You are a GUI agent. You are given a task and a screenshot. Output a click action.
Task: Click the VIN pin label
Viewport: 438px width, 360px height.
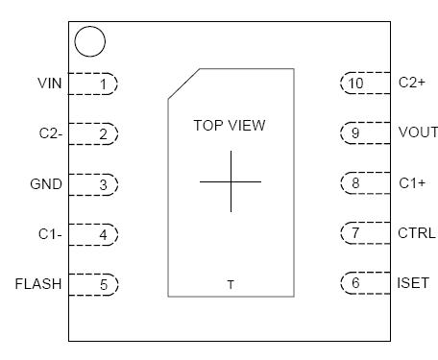[x=49, y=84]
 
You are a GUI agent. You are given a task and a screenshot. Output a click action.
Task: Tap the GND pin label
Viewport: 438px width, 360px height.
[x=47, y=183]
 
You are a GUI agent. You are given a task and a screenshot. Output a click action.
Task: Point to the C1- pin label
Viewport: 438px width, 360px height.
[x=49, y=233]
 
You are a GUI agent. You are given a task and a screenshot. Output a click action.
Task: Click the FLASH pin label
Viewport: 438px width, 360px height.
[x=38, y=283]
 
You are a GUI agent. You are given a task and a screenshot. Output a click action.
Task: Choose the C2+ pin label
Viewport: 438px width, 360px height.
[x=411, y=83]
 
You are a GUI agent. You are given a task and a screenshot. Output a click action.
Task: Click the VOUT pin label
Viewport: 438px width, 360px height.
[x=417, y=132]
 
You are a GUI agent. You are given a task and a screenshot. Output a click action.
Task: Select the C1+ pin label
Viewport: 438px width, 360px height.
[x=411, y=182]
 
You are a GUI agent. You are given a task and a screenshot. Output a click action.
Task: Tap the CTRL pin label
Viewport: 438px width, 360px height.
[x=416, y=232]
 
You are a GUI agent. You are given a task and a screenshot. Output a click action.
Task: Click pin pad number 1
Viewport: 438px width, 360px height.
[x=101, y=84]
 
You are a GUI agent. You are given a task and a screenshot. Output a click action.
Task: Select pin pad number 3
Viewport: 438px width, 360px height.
[x=101, y=183]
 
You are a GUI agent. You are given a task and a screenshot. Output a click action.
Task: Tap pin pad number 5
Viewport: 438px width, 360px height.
[x=101, y=283]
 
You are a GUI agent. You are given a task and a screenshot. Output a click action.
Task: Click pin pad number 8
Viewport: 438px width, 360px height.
[x=356, y=182]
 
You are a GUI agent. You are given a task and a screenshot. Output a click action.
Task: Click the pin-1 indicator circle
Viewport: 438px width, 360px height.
[x=89, y=41]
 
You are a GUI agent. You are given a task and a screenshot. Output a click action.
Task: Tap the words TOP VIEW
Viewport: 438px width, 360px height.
[x=230, y=125]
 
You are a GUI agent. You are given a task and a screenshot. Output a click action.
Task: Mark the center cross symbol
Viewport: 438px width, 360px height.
[x=231, y=181]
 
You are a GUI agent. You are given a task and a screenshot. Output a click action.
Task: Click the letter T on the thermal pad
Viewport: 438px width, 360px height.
[x=231, y=284]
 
